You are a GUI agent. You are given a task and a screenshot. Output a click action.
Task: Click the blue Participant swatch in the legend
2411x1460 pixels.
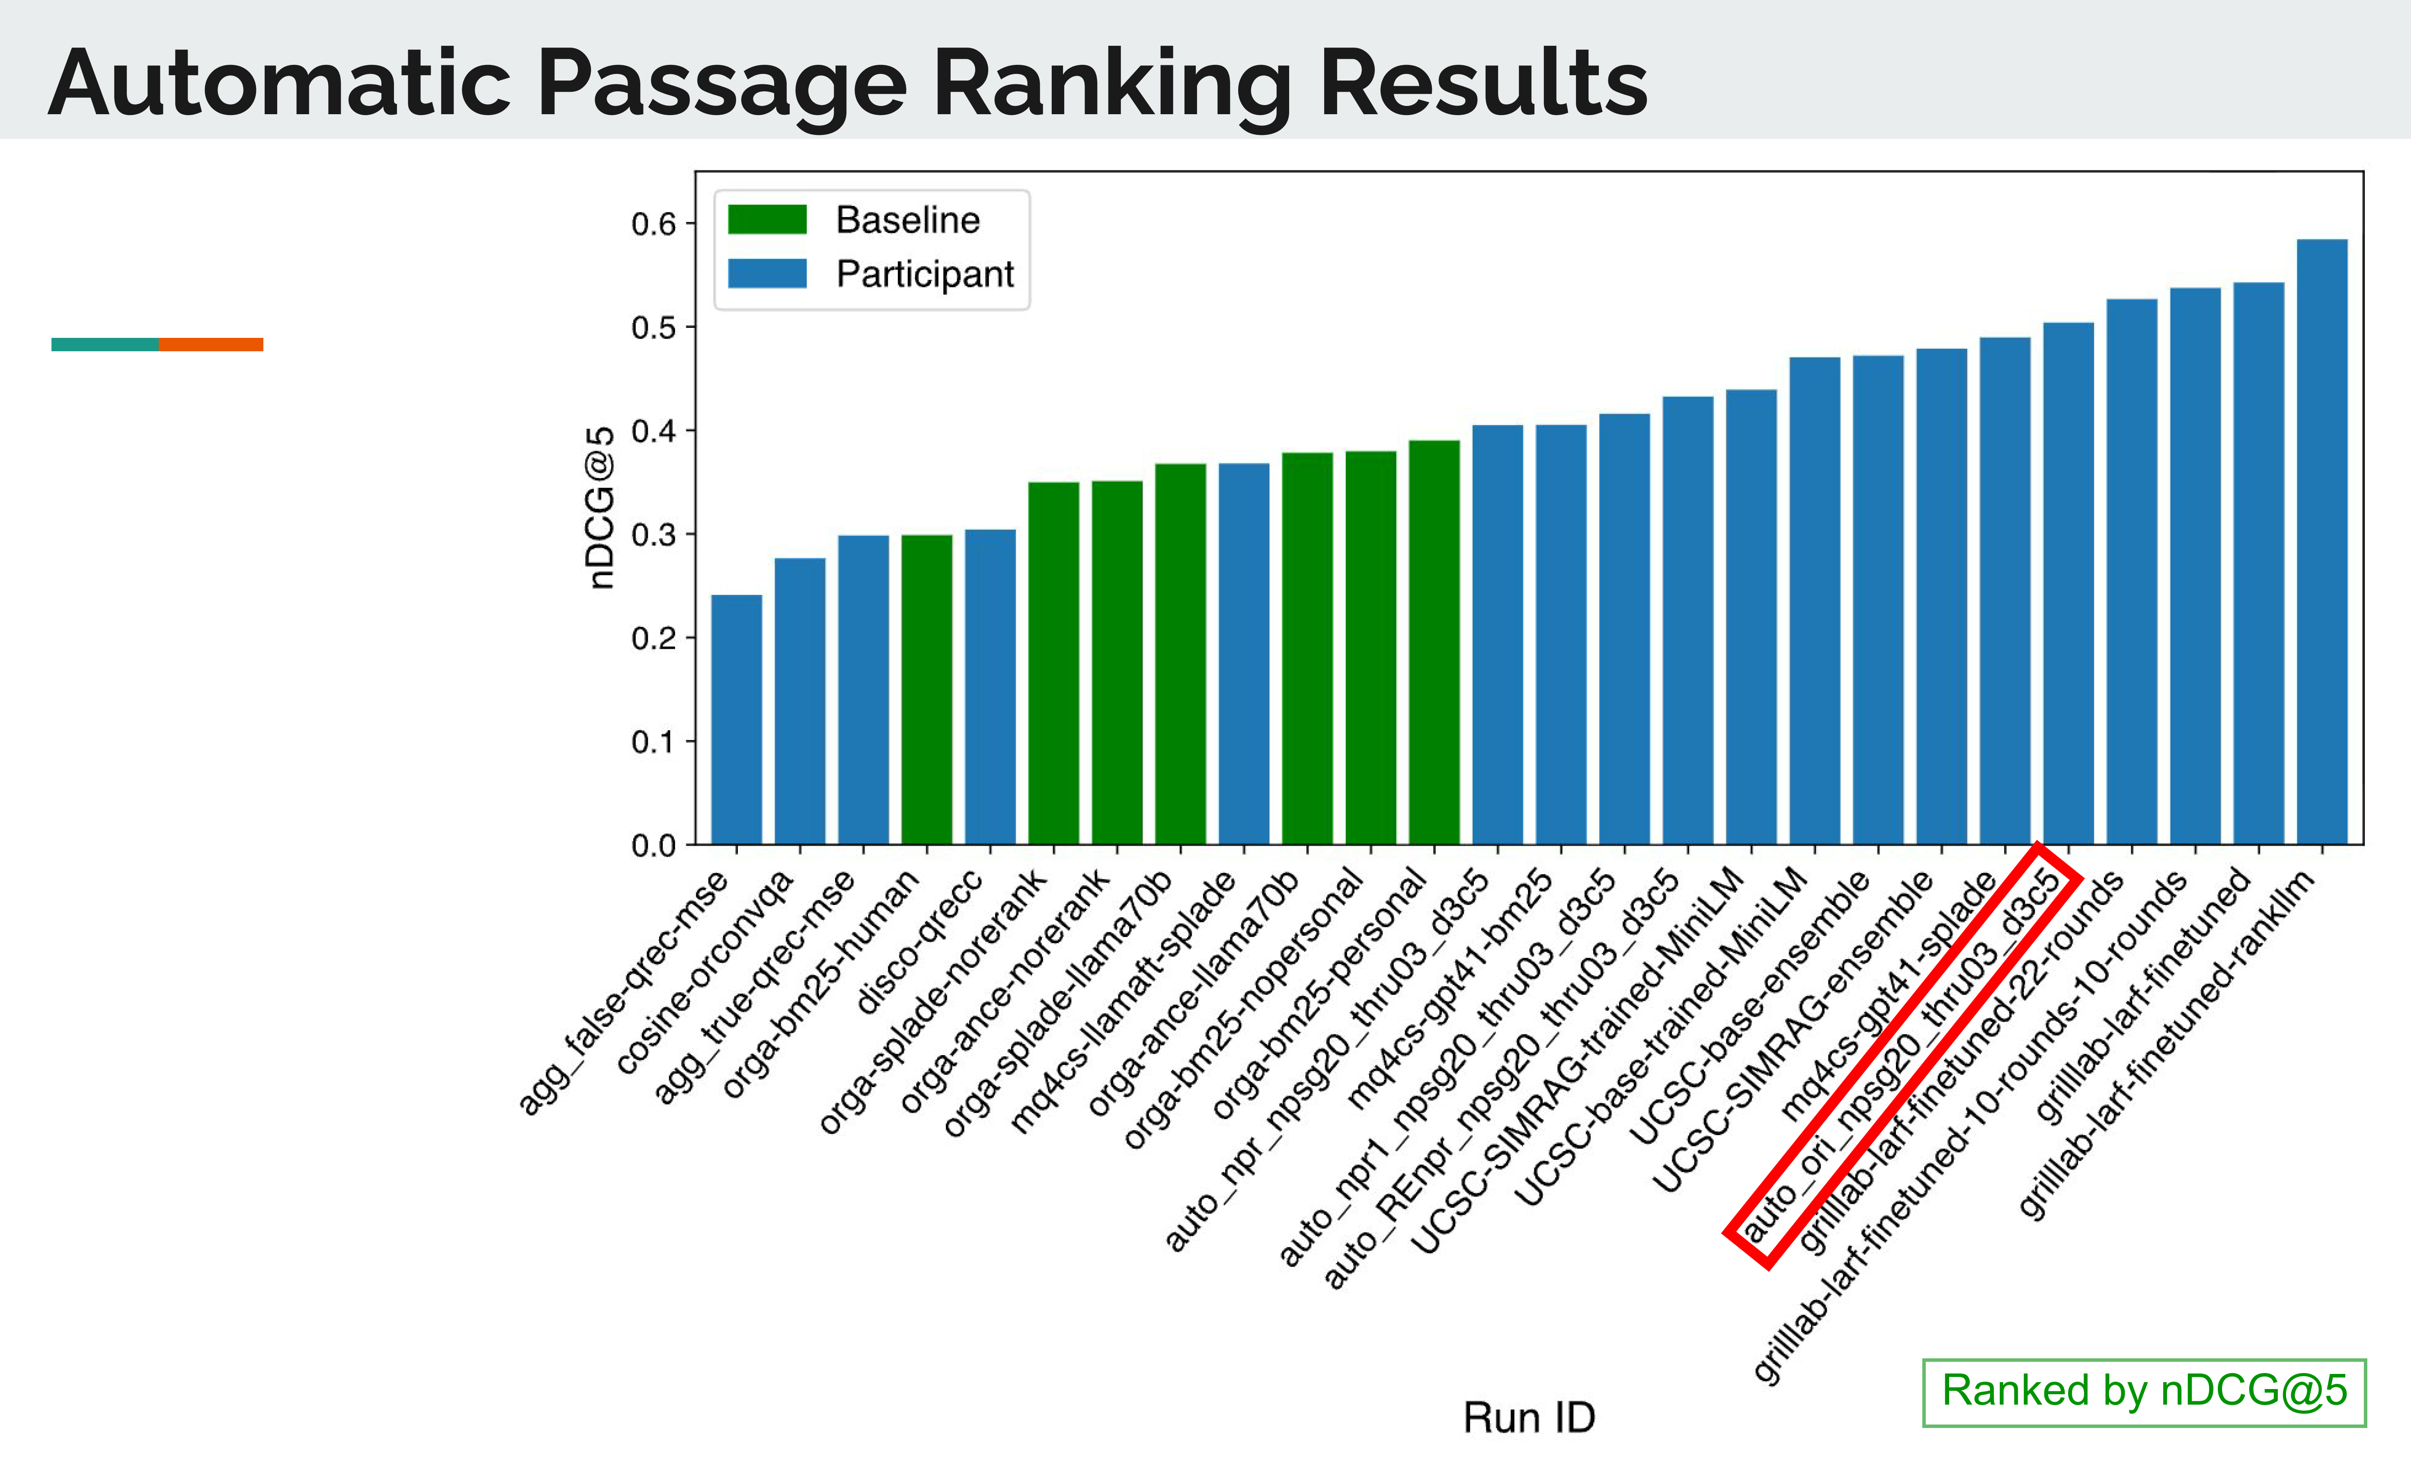click(x=767, y=274)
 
